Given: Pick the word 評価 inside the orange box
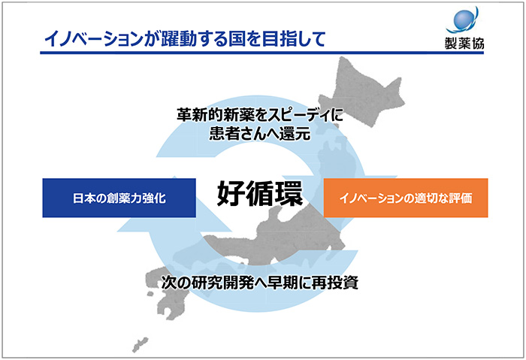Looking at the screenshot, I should pos(463,199).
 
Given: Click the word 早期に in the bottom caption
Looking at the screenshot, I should pos(292,284).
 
